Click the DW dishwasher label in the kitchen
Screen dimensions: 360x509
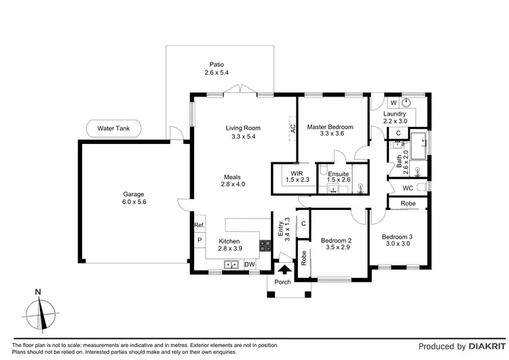[x=250, y=264]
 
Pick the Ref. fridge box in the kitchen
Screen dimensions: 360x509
[x=200, y=226]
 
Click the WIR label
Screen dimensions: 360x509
[x=296, y=173]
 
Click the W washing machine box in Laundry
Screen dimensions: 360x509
[x=393, y=103]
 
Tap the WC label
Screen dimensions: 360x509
[x=408, y=187]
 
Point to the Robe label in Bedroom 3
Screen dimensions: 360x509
[x=407, y=203]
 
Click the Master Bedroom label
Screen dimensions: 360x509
[x=330, y=127]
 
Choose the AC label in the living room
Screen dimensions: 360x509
[x=293, y=127]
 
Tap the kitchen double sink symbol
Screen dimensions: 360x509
[x=232, y=264]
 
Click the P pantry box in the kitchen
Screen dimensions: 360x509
[x=200, y=240]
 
